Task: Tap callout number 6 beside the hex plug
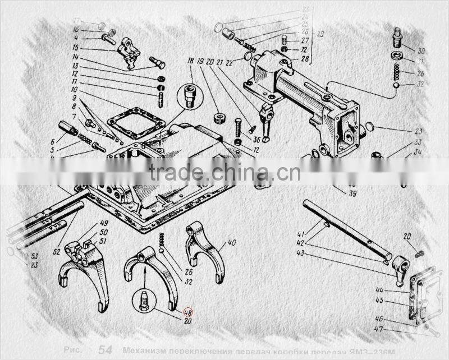tap(52, 142)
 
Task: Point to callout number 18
tap(190, 61)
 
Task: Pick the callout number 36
tap(256, 140)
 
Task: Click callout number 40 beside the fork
tap(232, 243)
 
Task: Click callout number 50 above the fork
tap(104, 232)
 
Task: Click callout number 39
tap(352, 194)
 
